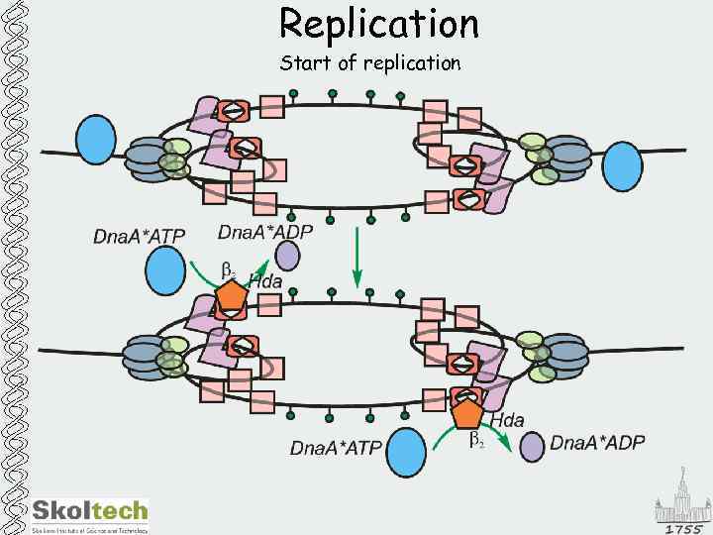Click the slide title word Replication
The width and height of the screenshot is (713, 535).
tap(378, 24)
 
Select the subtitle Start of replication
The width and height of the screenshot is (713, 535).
tap(369, 64)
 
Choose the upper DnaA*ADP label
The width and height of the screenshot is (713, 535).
tap(265, 233)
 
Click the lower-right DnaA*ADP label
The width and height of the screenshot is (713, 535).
tap(597, 442)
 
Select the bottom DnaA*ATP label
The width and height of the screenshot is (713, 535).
tap(336, 449)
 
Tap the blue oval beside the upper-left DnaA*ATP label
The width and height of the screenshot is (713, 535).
tap(165, 270)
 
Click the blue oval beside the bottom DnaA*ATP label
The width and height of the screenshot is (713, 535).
tap(405, 453)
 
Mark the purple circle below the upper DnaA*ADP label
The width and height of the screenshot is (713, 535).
tap(287, 257)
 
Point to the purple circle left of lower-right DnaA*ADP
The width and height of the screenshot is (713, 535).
tap(532, 446)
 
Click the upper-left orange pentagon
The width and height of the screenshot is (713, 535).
tap(232, 294)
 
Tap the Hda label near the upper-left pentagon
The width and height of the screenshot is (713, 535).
tap(265, 281)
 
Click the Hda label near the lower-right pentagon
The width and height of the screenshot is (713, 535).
tap(507, 421)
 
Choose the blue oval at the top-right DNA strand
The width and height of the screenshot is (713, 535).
tap(623, 161)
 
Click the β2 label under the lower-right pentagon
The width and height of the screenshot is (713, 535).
tap(476, 439)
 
